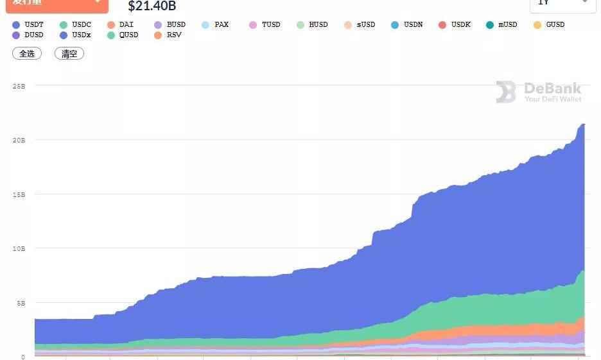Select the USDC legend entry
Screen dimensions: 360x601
[75, 24]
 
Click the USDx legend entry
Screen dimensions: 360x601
[75, 35]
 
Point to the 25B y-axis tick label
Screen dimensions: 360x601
[19, 85]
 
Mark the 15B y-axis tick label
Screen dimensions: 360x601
[19, 194]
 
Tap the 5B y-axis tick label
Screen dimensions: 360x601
[21, 303]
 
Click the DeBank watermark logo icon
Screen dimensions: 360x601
[505, 92]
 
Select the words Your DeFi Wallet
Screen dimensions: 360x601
[553, 99]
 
